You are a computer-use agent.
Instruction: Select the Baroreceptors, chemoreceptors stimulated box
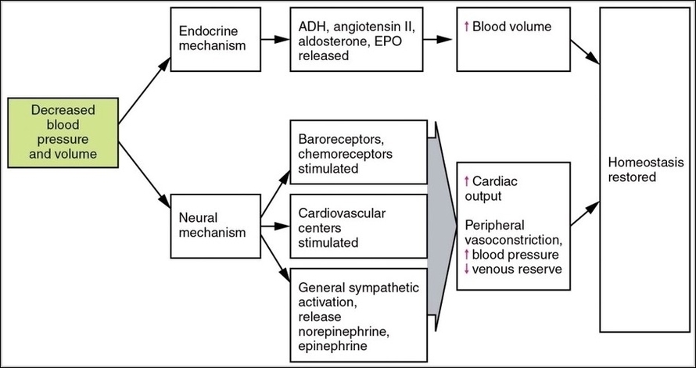coord(358,153)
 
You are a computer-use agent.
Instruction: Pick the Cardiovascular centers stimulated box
coord(358,227)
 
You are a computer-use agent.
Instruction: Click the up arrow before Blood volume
coord(467,27)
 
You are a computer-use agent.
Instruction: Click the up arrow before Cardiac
coord(467,180)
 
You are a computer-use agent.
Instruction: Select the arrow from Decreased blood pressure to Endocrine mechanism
coord(143,87)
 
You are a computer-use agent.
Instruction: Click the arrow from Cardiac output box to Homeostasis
coord(585,214)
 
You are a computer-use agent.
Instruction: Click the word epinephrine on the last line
coord(329,344)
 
